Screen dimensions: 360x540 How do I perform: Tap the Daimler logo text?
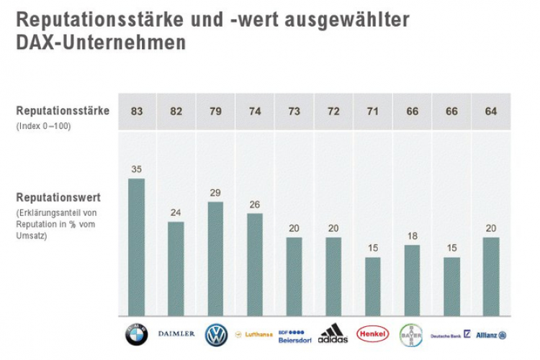(176, 334)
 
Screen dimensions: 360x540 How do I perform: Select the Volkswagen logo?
(216, 335)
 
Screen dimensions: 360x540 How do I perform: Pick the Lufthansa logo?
(254, 335)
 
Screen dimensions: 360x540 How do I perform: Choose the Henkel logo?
(372, 335)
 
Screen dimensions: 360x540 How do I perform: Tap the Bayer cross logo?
(411, 335)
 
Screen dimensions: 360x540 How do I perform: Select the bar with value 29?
(215, 258)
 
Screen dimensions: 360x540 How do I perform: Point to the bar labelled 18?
(412, 280)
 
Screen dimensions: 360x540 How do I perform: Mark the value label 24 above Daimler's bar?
(176, 213)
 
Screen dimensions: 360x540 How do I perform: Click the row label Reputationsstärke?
(63, 111)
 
